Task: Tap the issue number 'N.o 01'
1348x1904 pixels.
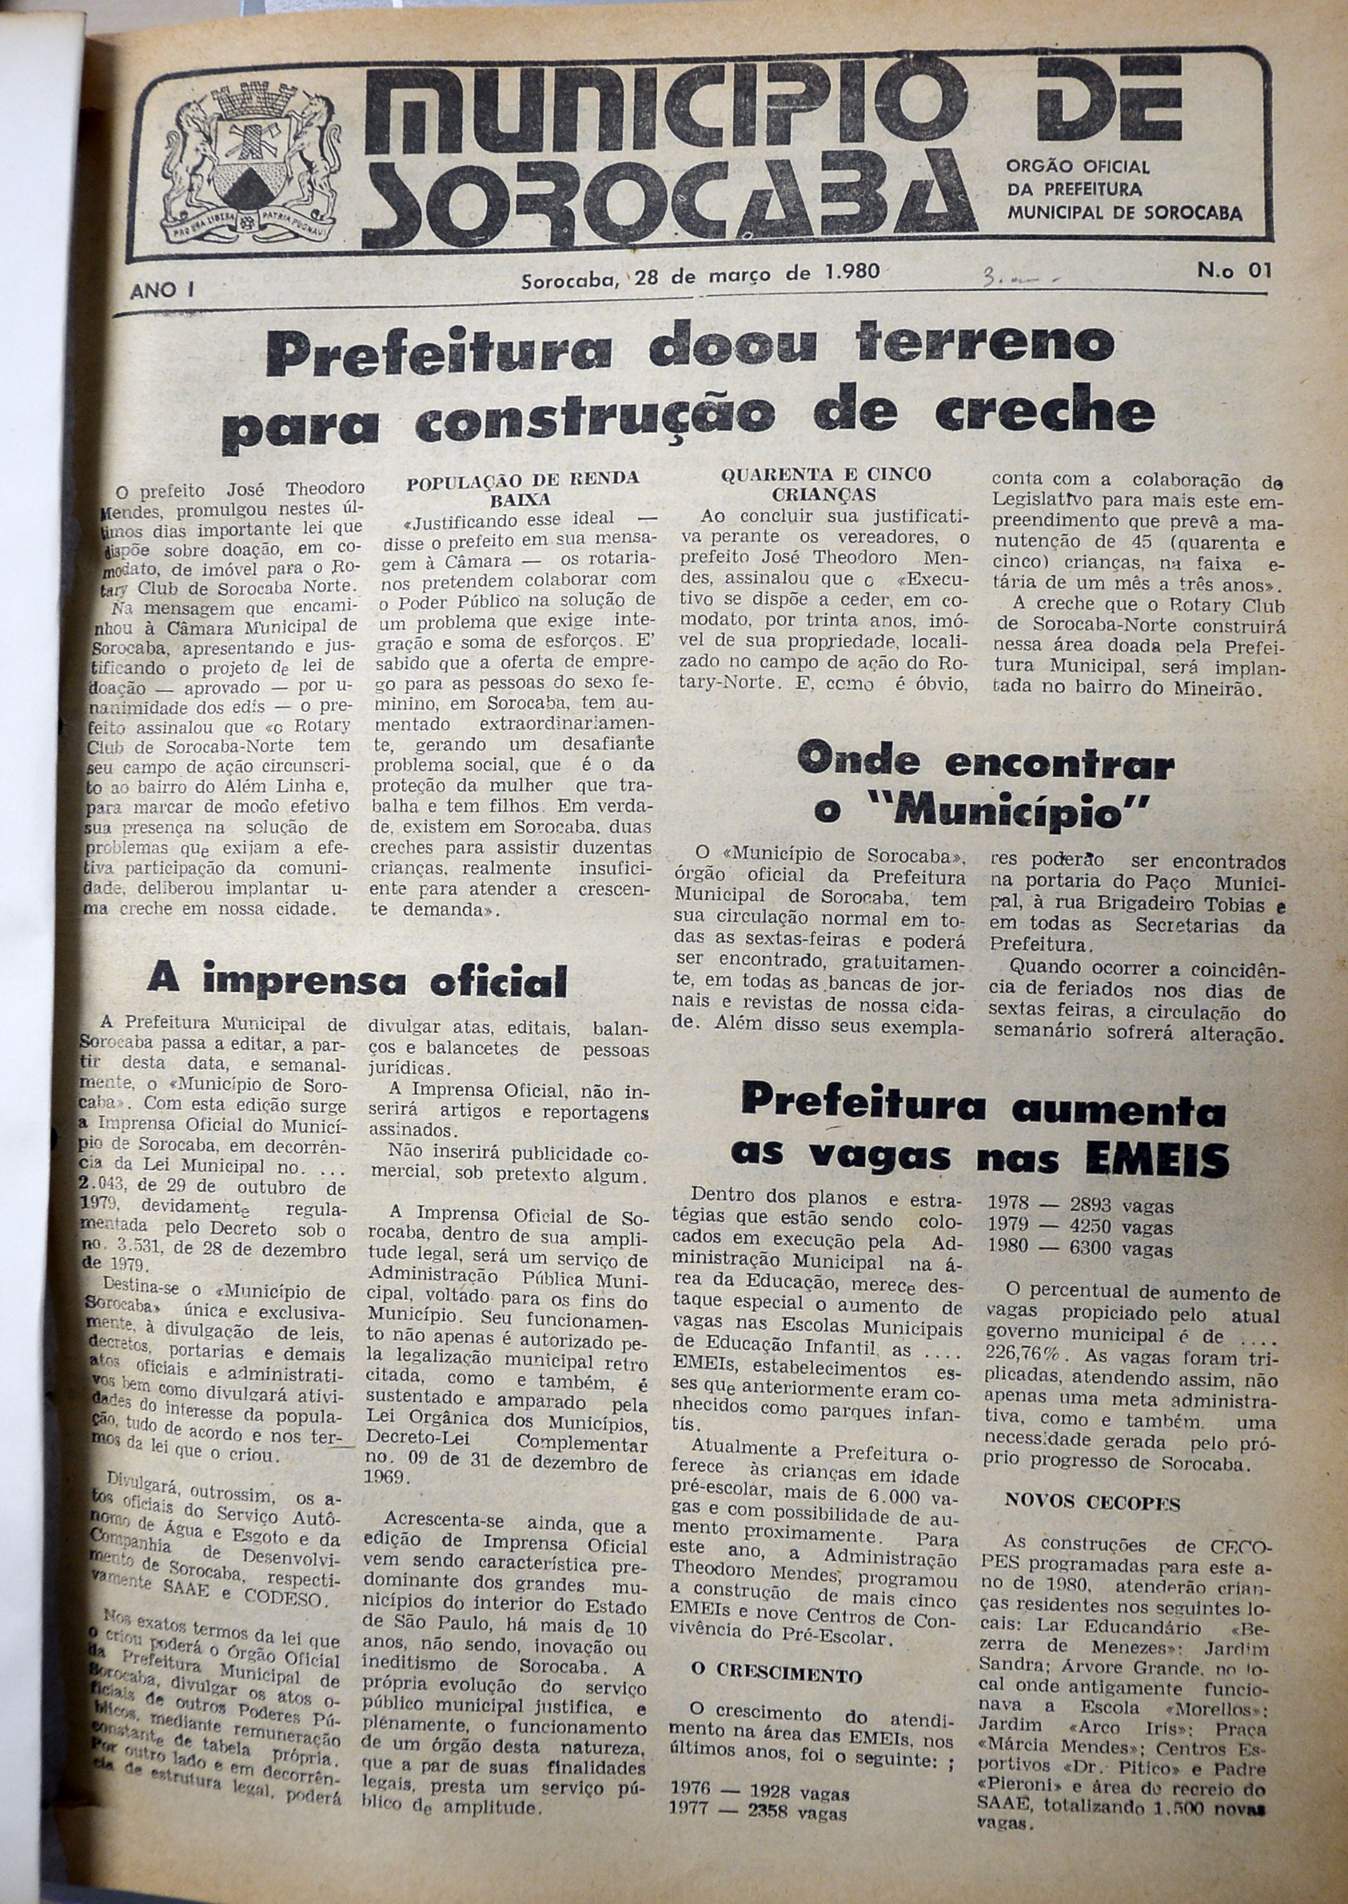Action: (x=1234, y=271)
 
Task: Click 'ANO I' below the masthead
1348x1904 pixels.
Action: (x=162, y=289)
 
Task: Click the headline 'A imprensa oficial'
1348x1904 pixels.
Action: (x=357, y=981)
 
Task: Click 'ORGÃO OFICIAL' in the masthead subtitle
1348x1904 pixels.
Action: (x=1078, y=167)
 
